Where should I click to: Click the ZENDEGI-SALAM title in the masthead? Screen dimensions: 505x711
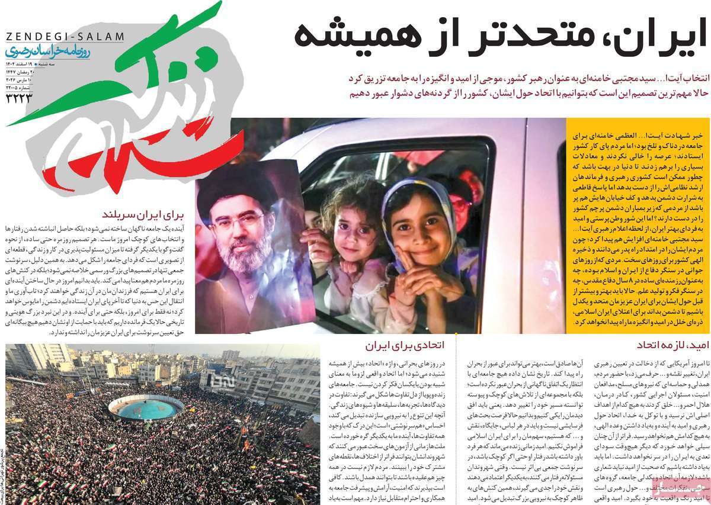click(65, 37)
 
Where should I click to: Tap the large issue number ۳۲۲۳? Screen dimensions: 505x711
click(18, 97)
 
